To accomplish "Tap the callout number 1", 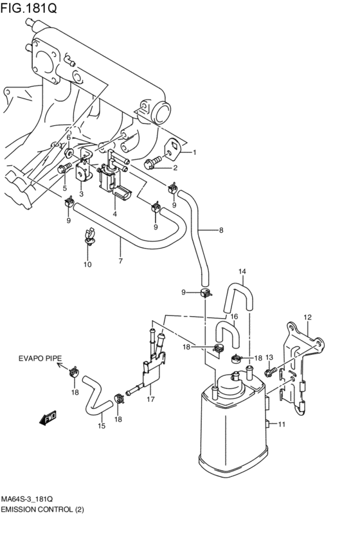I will pos(195,153).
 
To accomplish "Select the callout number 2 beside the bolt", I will pos(175,168).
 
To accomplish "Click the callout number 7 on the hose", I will pos(120,260).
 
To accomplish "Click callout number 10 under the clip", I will pos(87,264).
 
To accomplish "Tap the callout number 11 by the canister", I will pos(281,424).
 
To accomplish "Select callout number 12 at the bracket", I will pos(307,317).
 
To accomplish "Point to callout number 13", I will pos(269,357).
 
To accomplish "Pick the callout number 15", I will pos(101,426).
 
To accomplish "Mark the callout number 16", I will pos(234,316).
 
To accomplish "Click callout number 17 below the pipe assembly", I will pos(150,399).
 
